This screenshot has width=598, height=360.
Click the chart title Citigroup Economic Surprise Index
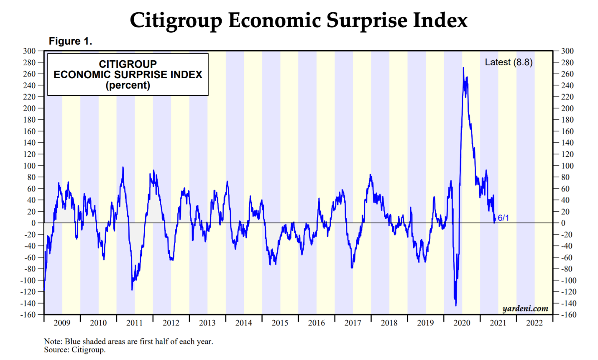pos(299,20)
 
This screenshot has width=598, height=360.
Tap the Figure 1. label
pos(70,41)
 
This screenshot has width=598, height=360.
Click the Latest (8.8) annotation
pos(509,62)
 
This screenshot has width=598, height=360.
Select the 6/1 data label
pos(503,218)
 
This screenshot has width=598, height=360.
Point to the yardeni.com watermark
pos(525,309)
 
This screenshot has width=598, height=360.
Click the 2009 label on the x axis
pos(62,323)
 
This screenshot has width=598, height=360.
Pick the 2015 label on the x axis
pos(280,323)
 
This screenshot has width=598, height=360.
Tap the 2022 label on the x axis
pos(534,323)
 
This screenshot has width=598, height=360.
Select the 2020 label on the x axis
pos(462,323)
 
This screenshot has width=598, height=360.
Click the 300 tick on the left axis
pos(29,51)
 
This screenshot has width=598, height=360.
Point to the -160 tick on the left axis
pos(28,314)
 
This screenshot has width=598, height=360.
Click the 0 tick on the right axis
pos(563,223)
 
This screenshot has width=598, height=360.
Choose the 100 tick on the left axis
pos(29,166)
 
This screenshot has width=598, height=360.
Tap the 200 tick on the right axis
pos(567,108)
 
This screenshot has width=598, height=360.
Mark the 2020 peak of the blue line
pos(463,68)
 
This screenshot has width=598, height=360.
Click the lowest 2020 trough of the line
pos(456,305)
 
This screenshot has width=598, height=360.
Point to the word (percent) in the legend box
pos(128,85)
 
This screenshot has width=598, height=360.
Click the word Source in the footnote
pos(56,350)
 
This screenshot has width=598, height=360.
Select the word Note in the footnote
pos(53,341)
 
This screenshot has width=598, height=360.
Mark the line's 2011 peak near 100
pos(123,167)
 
